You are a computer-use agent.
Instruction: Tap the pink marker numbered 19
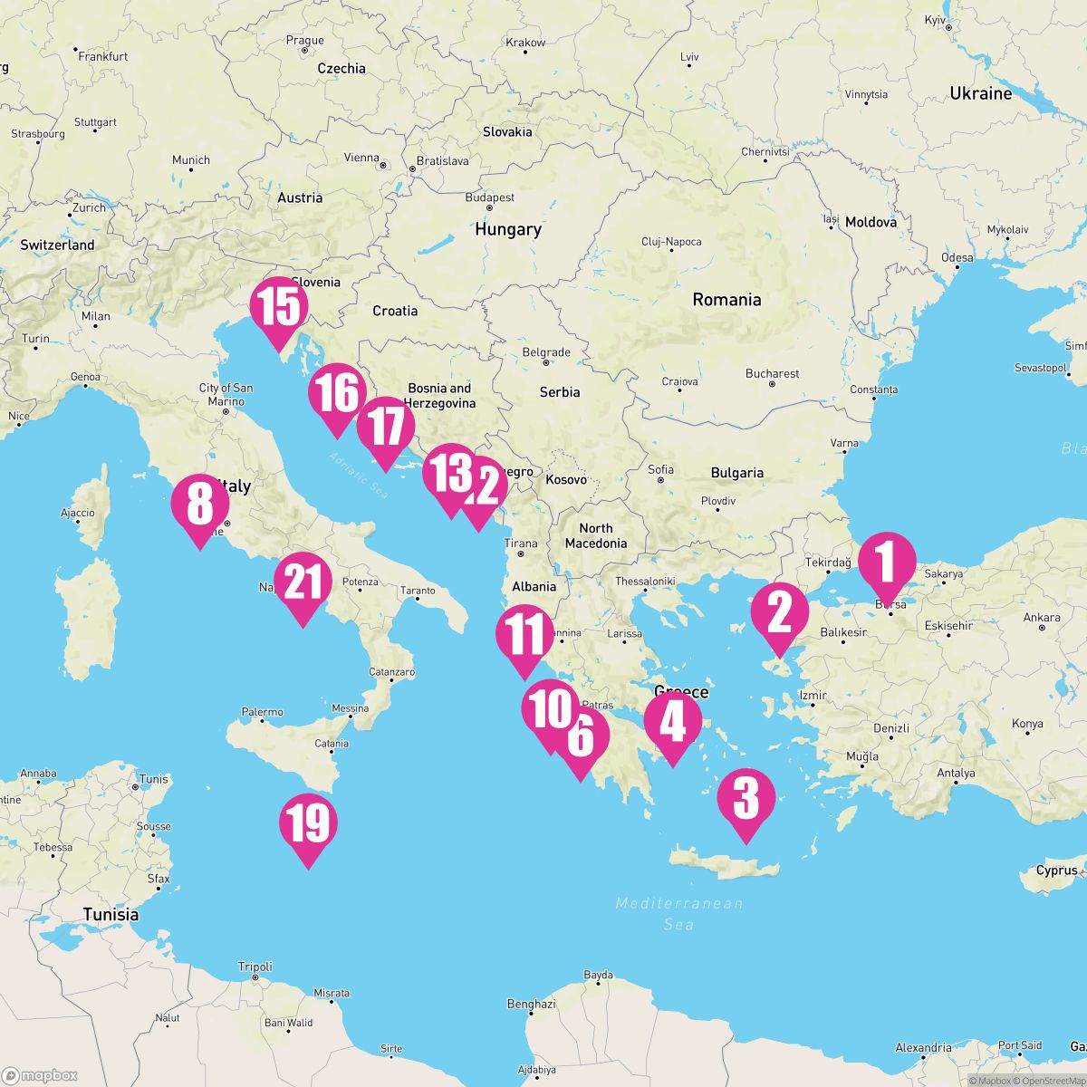pos(308,824)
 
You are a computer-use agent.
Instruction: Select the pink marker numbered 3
pos(746,799)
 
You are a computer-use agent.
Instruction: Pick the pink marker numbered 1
pos(887,561)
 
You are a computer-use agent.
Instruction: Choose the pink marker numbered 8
pos(199,505)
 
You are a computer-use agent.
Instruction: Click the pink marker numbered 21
pos(303,582)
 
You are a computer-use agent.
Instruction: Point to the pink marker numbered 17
pos(386,427)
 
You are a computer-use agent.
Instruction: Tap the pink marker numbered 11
pos(524,636)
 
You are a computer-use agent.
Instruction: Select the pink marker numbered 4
pos(672,722)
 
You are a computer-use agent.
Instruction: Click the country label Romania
pos(726,300)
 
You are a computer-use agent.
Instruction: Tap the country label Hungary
pos(507,230)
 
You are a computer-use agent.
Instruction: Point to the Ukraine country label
pos(980,93)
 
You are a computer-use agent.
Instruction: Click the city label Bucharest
pos(772,373)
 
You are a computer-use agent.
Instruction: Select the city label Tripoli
pos(255,967)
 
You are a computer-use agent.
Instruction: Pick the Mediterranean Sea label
pos(678,913)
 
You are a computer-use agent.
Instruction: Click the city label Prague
pos(304,41)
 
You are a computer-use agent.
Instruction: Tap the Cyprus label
pos(1056,871)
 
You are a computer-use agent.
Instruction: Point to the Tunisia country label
pos(111,914)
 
